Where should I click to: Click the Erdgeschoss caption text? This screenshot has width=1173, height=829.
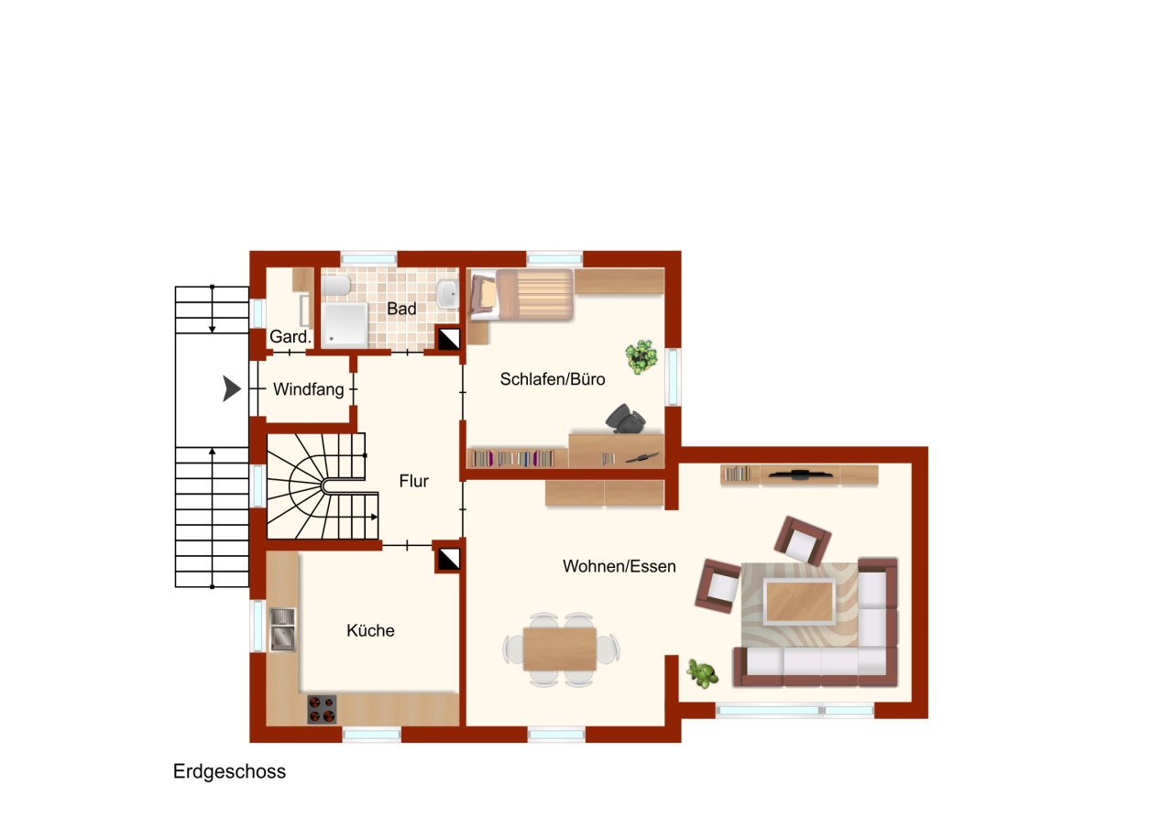pyautogui.click(x=229, y=772)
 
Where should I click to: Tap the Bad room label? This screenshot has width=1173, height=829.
pyautogui.click(x=401, y=309)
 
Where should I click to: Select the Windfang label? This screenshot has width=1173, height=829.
pyautogui.click(x=308, y=390)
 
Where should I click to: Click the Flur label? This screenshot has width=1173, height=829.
pyautogui.click(x=413, y=480)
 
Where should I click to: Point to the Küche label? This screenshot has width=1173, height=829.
pyautogui.click(x=370, y=630)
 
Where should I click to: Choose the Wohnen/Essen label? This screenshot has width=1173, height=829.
pyautogui.click(x=619, y=566)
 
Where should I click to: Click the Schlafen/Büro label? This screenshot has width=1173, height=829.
pyautogui.click(x=552, y=377)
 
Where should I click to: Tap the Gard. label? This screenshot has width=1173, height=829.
pyautogui.click(x=290, y=337)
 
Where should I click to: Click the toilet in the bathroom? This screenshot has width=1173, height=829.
pyautogui.click(x=335, y=287)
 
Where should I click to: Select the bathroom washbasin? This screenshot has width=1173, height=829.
pyautogui.click(x=446, y=293)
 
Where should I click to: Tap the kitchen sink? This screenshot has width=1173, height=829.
pyautogui.click(x=282, y=629)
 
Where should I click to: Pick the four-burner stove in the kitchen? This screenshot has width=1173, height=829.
pyautogui.click(x=322, y=709)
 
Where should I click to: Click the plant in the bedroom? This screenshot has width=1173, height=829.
pyautogui.click(x=642, y=355)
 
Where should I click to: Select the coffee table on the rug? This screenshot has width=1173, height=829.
pyautogui.click(x=800, y=602)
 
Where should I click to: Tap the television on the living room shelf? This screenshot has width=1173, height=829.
pyautogui.click(x=801, y=474)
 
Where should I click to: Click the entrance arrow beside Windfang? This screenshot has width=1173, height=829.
pyautogui.click(x=232, y=389)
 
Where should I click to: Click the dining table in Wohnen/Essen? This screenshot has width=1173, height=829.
pyautogui.click(x=560, y=649)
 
